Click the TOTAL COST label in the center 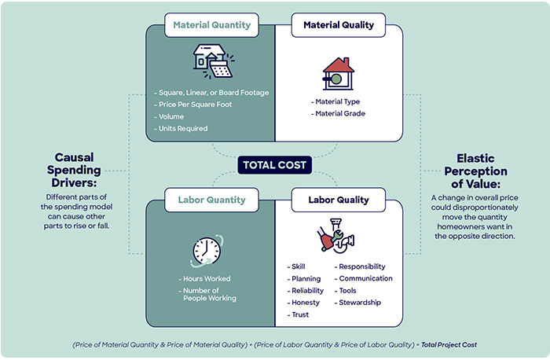coord(275,165)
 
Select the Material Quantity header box coord(212,25)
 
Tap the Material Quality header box coord(339,25)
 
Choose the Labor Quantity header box coord(212,200)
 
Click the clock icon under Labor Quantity coord(207,250)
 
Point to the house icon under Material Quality coord(338,73)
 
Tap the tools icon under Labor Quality coord(338,237)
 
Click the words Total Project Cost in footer coord(451,344)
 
